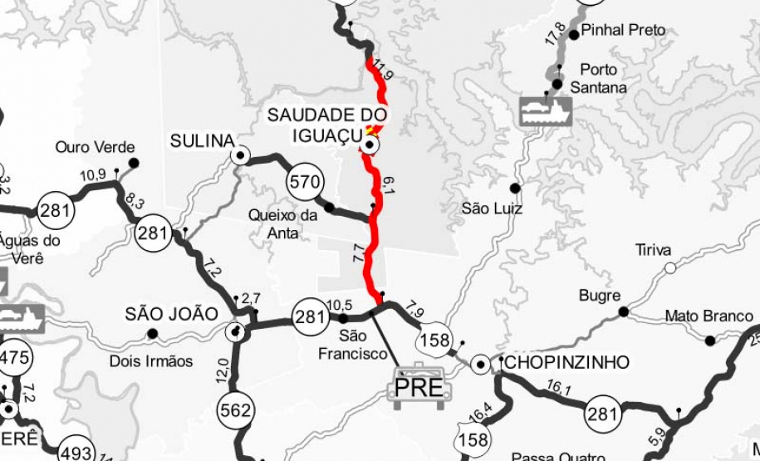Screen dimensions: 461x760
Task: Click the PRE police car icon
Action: click(419, 384)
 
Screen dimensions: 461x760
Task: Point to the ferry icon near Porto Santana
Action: click(546, 110)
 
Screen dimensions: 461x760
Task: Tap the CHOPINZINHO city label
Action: click(566, 362)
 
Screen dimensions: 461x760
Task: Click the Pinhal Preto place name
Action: click(624, 30)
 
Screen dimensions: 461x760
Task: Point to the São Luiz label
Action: click(492, 208)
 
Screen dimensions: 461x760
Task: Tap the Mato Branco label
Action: click(709, 316)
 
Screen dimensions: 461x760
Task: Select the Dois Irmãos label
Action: click(151, 361)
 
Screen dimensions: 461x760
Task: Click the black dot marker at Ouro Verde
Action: click(133, 163)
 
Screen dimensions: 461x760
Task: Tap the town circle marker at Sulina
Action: click(241, 154)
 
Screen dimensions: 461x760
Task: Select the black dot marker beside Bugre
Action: click(623, 312)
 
